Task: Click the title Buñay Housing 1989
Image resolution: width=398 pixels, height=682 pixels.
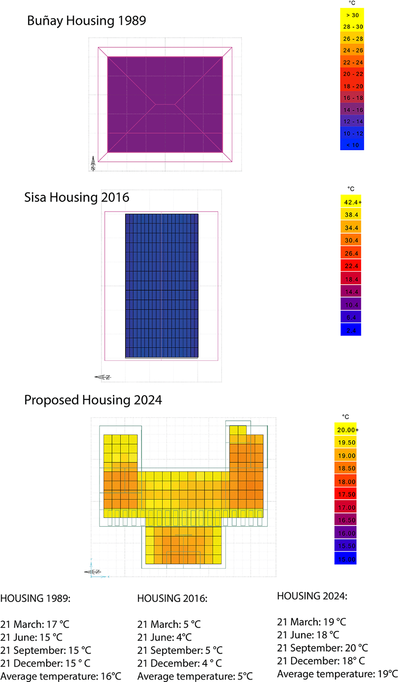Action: tap(87, 21)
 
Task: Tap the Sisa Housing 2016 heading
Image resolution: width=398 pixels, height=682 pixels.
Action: tap(77, 197)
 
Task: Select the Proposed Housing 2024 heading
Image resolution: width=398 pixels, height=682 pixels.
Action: tap(93, 400)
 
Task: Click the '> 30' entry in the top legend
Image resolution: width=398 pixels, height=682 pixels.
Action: tap(352, 15)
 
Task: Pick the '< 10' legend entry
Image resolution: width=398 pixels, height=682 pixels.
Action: tap(352, 145)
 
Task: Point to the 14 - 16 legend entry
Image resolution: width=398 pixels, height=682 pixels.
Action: tap(352, 110)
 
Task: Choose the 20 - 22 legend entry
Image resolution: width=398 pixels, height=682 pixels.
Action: tap(352, 74)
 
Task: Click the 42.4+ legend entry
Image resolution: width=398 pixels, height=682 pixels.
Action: tap(351, 202)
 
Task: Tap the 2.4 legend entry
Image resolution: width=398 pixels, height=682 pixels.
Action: tap(351, 330)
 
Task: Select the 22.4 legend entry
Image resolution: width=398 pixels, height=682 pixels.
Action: tap(351, 266)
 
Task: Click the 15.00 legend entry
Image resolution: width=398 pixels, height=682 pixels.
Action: tap(346, 559)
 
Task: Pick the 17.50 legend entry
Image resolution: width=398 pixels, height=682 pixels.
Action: tap(346, 494)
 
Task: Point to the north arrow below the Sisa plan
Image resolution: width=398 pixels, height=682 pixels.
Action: tap(103, 377)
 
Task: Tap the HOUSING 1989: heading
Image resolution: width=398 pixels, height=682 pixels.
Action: tap(35, 598)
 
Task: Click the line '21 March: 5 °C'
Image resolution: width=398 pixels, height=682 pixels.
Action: tap(169, 624)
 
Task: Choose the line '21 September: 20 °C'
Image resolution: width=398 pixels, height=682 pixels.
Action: tap(322, 648)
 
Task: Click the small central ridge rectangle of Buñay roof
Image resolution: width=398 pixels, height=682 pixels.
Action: tap(165, 104)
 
